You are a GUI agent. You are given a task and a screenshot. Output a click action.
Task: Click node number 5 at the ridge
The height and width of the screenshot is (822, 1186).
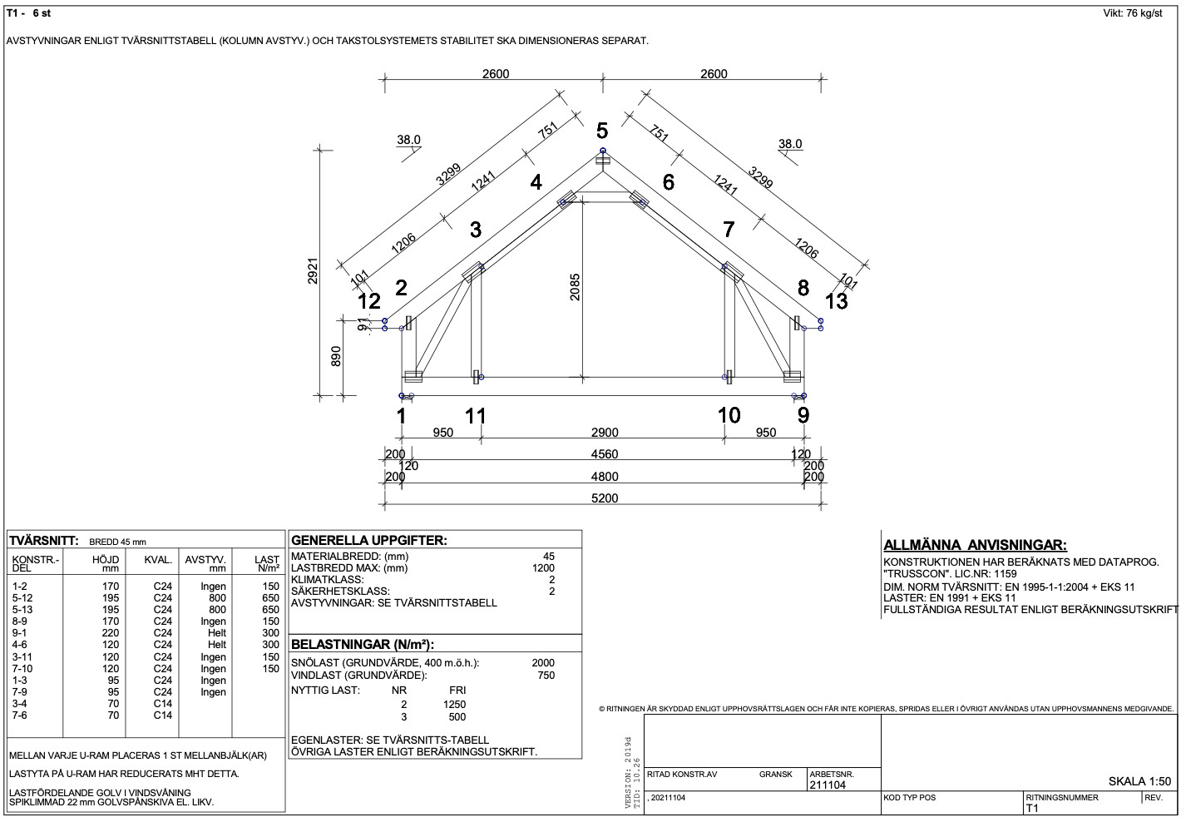tap(602, 131)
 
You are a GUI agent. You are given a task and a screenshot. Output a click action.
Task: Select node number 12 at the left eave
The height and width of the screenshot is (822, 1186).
tap(369, 301)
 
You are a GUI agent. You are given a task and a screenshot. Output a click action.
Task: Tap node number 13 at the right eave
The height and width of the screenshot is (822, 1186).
tap(836, 301)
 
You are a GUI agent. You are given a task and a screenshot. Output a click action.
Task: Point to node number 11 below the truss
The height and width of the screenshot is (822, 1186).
tap(475, 415)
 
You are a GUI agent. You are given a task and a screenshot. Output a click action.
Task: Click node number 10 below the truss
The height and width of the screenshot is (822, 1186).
tap(729, 415)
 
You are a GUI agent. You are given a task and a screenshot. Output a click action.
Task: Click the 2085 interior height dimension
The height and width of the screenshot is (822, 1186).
tap(575, 287)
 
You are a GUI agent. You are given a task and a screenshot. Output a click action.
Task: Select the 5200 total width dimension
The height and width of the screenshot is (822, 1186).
tap(605, 498)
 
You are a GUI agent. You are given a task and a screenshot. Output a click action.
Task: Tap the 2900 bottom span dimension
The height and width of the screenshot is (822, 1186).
tap(605, 433)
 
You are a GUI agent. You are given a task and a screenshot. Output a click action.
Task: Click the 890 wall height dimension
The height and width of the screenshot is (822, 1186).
tap(336, 356)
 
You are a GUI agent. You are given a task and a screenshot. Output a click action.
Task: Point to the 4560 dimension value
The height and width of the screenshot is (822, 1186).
tap(605, 454)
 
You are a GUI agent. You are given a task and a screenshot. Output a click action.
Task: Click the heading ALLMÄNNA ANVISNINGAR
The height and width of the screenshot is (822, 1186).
tap(974, 546)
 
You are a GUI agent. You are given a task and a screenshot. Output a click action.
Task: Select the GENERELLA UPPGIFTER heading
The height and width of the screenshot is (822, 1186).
tap(368, 540)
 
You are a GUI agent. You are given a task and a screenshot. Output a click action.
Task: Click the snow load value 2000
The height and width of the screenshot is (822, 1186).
tap(543, 663)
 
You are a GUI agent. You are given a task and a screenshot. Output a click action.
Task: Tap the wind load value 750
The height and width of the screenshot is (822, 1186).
tap(546, 675)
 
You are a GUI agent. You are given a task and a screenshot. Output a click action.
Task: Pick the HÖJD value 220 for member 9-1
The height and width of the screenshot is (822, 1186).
tap(111, 633)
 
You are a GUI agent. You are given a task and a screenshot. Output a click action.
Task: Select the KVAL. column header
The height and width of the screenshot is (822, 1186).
tap(158, 560)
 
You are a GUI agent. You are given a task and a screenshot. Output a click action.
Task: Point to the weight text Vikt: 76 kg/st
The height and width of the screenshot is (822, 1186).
tap(1132, 13)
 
